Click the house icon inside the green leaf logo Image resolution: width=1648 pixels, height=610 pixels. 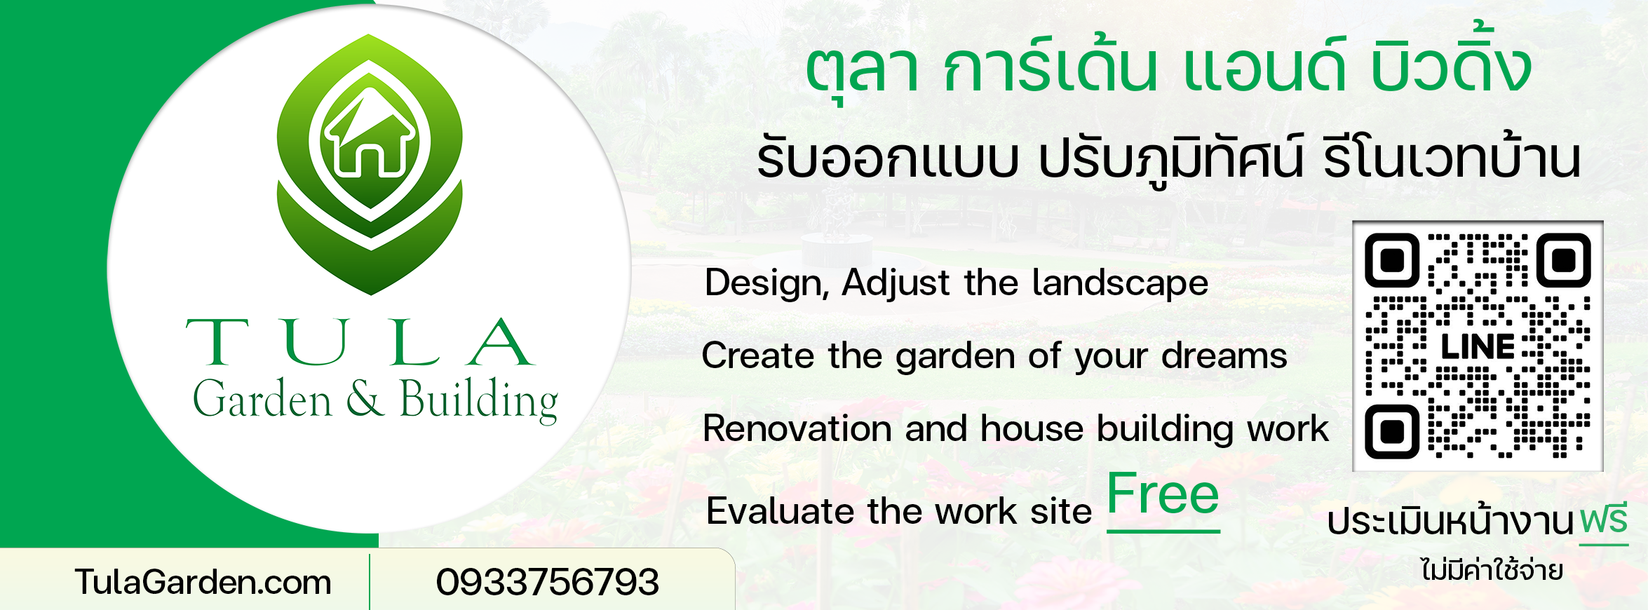pyautogui.click(x=370, y=134)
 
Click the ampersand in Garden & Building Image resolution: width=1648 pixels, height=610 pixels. pyautogui.click(x=365, y=398)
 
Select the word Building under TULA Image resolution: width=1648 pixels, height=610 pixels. pyautogui.click(x=479, y=400)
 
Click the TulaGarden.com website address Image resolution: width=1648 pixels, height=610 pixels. pyautogui.click(x=203, y=582)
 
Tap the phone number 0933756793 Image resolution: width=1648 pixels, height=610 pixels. pyautogui.click(x=548, y=582)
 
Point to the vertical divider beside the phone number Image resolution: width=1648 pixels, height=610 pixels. pyautogui.click(x=370, y=581)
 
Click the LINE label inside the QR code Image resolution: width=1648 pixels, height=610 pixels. pyautogui.click(x=1478, y=347)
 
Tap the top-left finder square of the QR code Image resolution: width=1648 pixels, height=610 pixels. pyautogui.click(x=1392, y=261)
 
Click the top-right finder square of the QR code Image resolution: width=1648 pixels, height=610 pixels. pyautogui.click(x=1563, y=261)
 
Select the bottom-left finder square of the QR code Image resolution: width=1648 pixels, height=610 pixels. pyautogui.click(x=1392, y=431)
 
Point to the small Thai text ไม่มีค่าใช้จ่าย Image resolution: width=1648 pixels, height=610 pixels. pyautogui.click(x=1492, y=570)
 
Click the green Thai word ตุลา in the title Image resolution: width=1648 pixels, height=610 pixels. pyautogui.click(x=862, y=70)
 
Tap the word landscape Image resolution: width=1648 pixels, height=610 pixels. pyautogui.click(x=1120, y=283)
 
